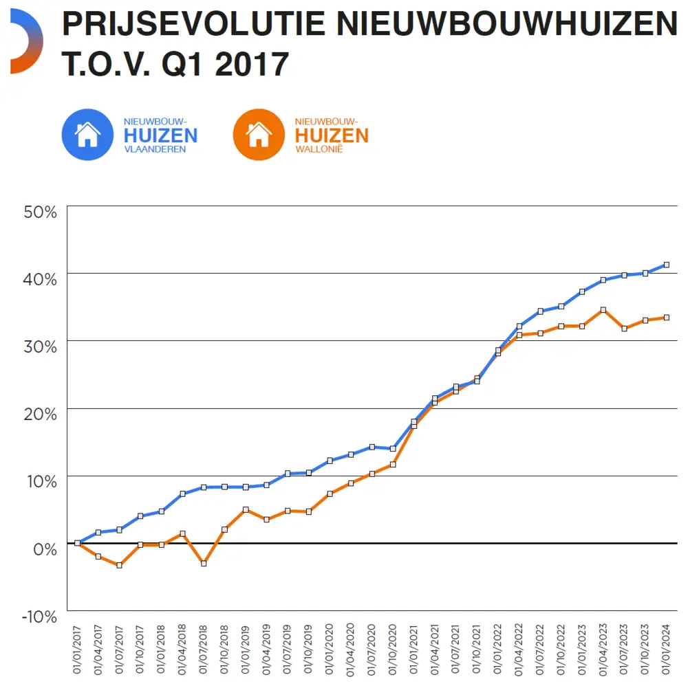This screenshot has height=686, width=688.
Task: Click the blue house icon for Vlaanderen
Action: point(87,134)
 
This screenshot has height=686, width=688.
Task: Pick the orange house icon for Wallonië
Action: point(259,134)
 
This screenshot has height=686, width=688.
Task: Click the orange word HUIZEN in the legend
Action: point(332,135)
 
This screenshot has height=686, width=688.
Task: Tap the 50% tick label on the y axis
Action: point(40,212)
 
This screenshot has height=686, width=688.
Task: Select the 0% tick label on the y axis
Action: point(45,549)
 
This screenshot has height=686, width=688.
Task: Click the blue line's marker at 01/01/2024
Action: point(666,265)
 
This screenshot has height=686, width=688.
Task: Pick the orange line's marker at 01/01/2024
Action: point(666,318)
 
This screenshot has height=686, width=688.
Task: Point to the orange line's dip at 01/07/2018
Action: point(204,563)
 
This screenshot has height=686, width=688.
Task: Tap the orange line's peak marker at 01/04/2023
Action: point(603,310)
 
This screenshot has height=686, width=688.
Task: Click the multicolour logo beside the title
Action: point(26,42)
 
